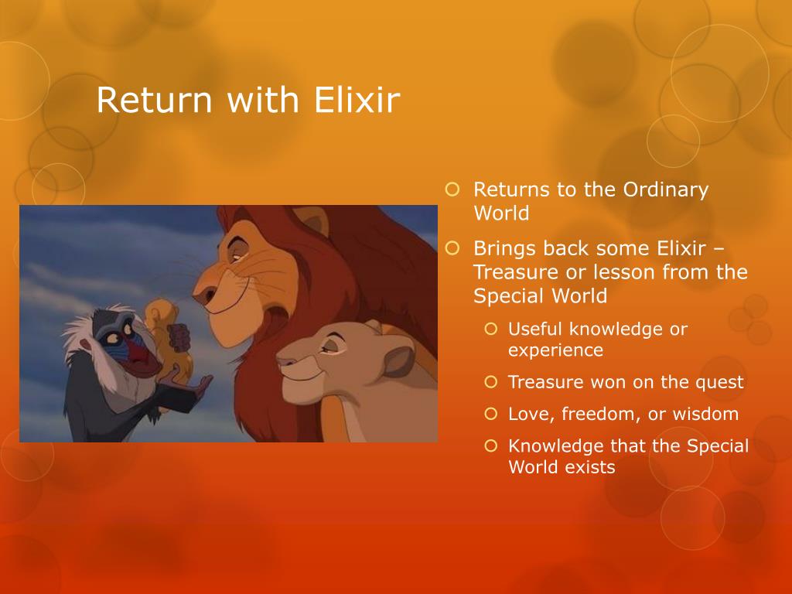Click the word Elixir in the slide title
click(x=357, y=99)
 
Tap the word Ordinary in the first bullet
click(x=665, y=191)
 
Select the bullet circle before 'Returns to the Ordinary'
click(x=452, y=189)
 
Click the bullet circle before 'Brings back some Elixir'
click(x=452, y=248)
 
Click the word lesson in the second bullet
click(x=623, y=271)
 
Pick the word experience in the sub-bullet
click(x=555, y=351)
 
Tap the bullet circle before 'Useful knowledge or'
click(x=491, y=329)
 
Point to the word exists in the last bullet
click(x=590, y=466)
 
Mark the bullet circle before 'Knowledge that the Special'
click(x=491, y=446)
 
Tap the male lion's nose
click(x=201, y=295)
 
